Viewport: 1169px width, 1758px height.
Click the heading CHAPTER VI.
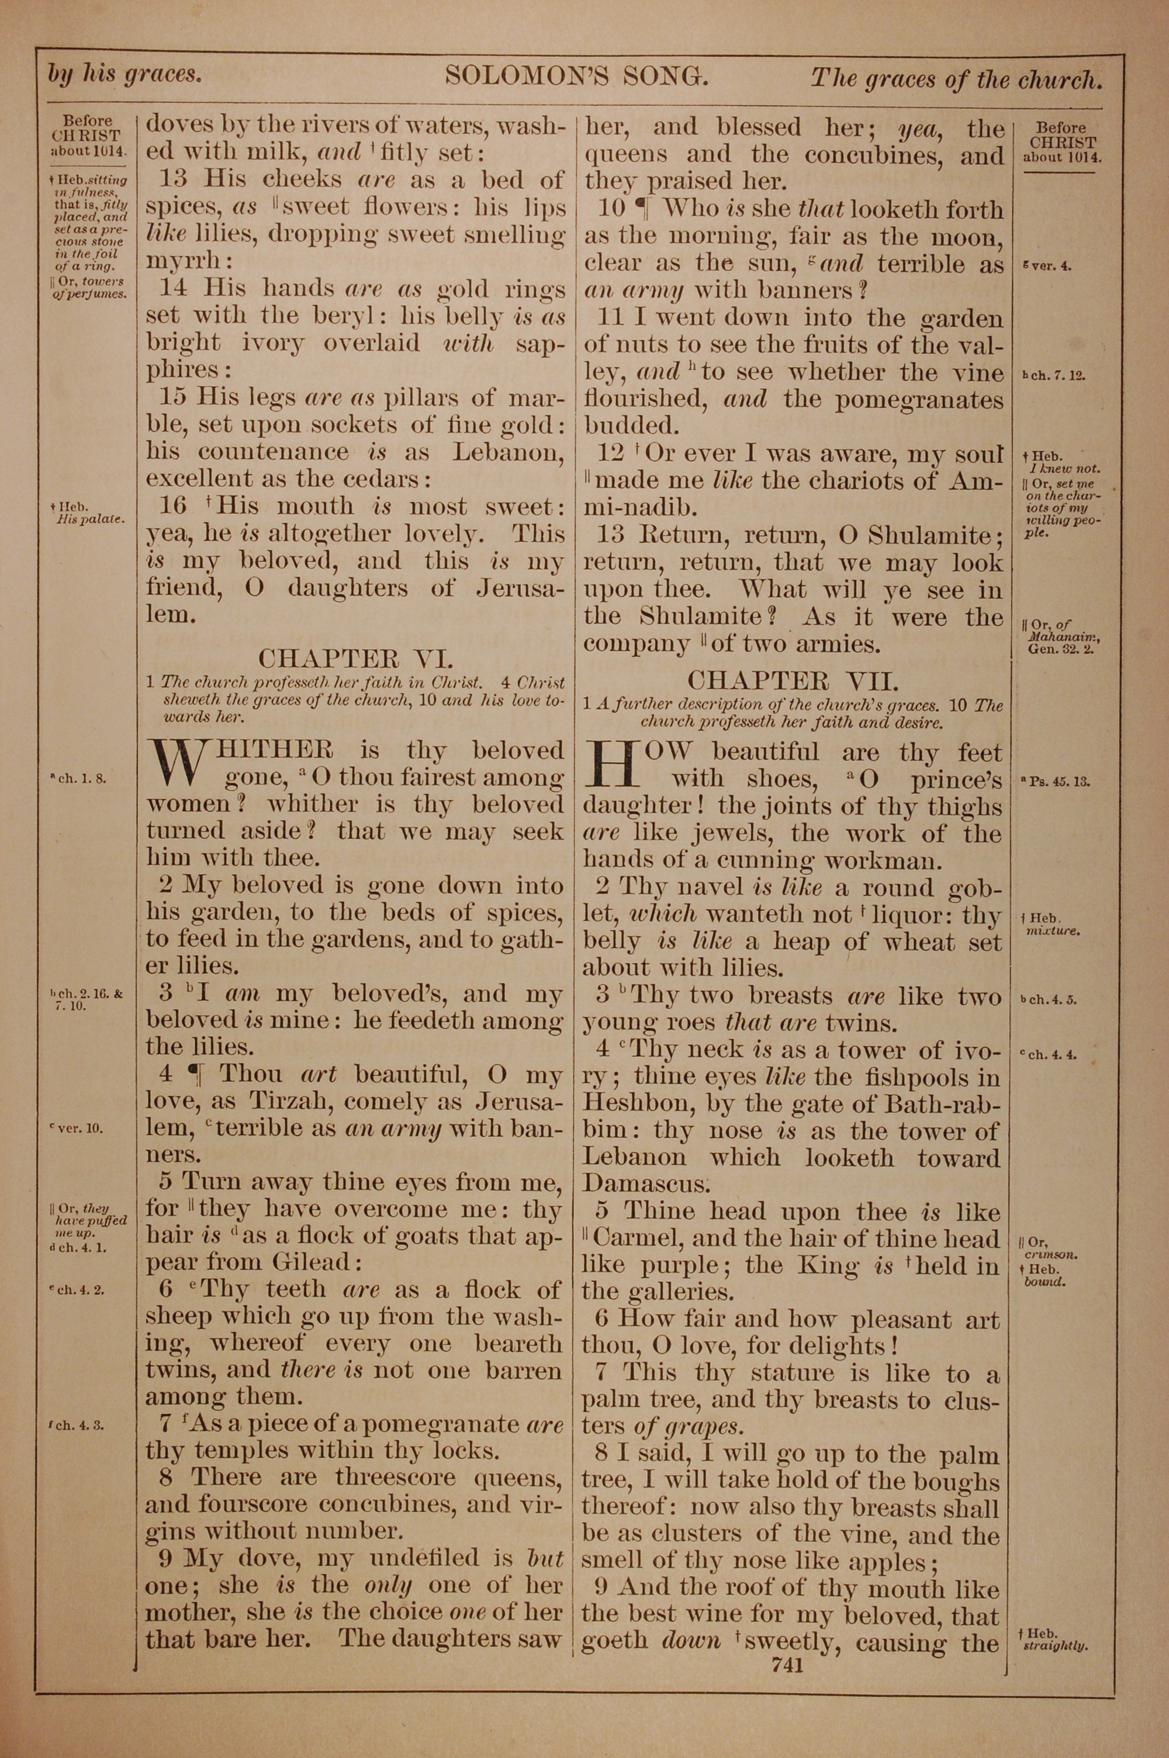pos(355,658)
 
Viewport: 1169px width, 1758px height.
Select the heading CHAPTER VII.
pos(793,680)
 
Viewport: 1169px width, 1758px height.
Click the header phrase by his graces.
pos(124,75)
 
